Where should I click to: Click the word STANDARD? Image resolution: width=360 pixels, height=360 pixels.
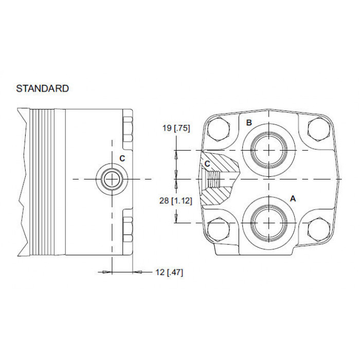point(43,88)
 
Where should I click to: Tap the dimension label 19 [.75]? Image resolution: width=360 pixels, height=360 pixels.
point(176,128)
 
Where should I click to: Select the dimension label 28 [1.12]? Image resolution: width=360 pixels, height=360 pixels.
point(176,201)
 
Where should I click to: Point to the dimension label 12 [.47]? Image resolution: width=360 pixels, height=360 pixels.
point(169,272)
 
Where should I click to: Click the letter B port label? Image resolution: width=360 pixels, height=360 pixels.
point(249,122)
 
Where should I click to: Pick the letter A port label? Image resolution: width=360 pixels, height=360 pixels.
point(293,199)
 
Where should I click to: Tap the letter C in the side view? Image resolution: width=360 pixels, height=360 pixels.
point(122,158)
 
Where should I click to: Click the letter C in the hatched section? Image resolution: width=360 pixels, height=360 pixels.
point(207,164)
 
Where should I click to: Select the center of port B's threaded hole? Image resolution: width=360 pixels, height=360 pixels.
point(269,150)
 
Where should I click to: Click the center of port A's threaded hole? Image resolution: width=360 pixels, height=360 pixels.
point(269,223)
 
